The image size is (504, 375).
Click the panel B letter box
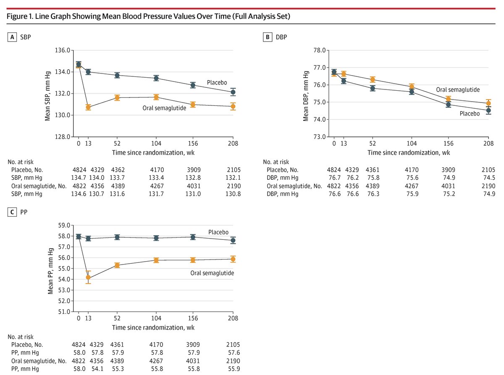pyautogui.click(x=267, y=37)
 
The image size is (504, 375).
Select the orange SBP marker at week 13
pyautogui.click(x=88, y=107)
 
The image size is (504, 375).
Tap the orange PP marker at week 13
pyautogui.click(x=88, y=277)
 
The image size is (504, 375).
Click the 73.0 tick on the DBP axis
pyautogui.click(x=320, y=137)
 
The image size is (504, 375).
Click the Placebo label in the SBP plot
pyautogui.click(x=217, y=82)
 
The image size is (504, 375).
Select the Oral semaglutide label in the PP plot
pyautogui.click(x=212, y=273)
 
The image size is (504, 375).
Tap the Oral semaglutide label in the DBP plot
pyautogui.click(x=458, y=89)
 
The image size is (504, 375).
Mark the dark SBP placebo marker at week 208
pyautogui.click(x=233, y=92)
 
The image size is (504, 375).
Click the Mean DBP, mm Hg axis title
pyautogui.click(x=306, y=93)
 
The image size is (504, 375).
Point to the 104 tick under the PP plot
pyautogui.click(x=156, y=318)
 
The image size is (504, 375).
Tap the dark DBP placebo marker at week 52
pyautogui.click(x=372, y=88)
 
